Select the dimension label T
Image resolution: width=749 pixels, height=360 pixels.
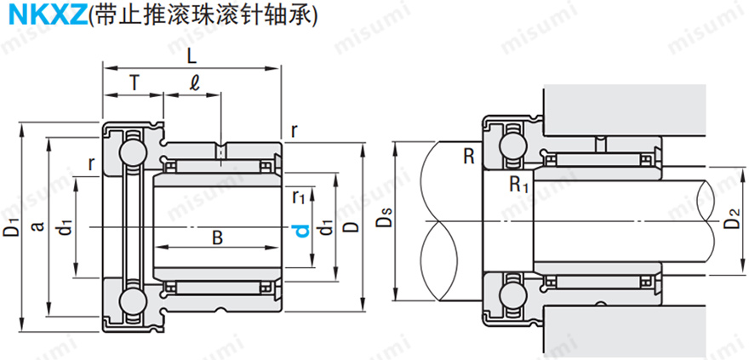click(134, 83)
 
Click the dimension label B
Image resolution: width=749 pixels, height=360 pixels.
click(217, 237)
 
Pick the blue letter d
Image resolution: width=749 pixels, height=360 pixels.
click(300, 231)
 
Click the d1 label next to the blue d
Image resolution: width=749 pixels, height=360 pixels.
click(323, 230)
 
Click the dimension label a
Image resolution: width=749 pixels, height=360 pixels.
click(37, 226)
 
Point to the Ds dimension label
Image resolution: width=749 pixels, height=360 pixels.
click(385, 223)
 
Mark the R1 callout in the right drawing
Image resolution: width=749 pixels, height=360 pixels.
click(519, 184)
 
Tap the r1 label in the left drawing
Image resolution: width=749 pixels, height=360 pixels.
click(298, 197)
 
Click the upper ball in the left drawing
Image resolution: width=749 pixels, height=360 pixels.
click(134, 151)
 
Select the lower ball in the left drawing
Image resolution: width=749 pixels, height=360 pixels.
click(134, 302)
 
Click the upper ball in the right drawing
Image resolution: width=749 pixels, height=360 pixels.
click(513, 146)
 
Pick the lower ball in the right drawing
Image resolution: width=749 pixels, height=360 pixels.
click(513, 296)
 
